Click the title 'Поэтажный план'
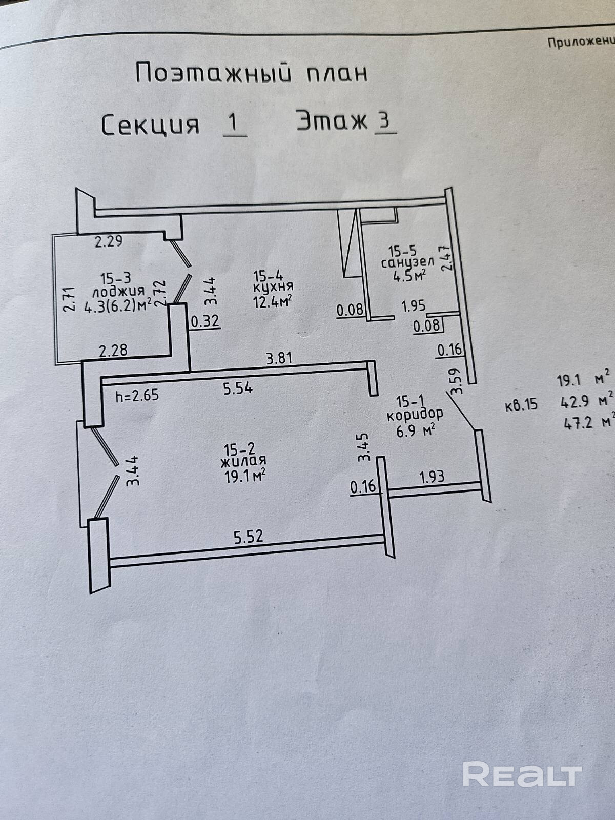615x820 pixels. (251, 73)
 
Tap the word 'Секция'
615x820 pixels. (150, 125)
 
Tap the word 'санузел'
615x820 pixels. (407, 263)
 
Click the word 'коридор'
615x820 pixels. (415, 414)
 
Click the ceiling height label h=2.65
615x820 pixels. (137, 395)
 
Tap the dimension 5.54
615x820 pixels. (238, 389)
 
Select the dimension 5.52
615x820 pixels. (249, 537)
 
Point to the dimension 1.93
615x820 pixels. (432, 477)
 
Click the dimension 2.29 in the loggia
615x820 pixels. (109, 241)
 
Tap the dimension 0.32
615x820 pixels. (205, 322)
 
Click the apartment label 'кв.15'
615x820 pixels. (521, 405)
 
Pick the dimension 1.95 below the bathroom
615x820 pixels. (413, 307)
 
